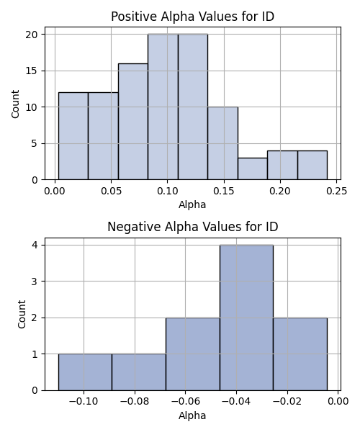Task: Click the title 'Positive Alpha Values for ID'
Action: [x=192, y=17]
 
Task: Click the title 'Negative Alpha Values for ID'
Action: [x=192, y=227]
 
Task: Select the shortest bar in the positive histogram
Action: [x=253, y=168]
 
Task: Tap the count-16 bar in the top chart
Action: [x=133, y=122]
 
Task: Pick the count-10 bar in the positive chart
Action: [x=222, y=143]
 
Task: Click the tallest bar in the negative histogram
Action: [x=246, y=318]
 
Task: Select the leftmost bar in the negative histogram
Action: [x=85, y=372]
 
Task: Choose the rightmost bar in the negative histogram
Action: [x=300, y=354]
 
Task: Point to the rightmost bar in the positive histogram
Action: [x=312, y=165]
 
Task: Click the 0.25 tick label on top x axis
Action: [x=336, y=191]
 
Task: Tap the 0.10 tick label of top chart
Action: [x=167, y=191]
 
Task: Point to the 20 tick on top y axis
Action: [x=32, y=35]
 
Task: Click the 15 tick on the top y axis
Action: [x=32, y=71]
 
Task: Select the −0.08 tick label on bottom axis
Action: [x=135, y=402]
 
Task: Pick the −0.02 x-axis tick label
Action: [x=287, y=402]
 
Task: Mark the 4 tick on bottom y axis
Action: [x=35, y=245]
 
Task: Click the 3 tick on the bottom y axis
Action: [x=35, y=282]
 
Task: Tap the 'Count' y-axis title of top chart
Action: [x=15, y=104]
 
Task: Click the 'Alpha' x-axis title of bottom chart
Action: [x=192, y=415]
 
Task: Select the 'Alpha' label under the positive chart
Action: [x=192, y=204]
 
